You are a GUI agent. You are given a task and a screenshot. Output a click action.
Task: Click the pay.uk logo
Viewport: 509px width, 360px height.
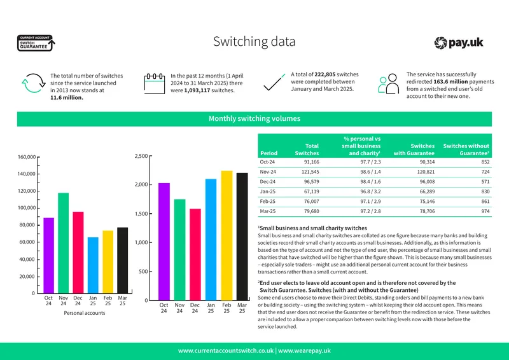[459, 43]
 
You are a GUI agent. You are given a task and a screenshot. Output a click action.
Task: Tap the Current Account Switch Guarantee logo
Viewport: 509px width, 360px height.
[36, 43]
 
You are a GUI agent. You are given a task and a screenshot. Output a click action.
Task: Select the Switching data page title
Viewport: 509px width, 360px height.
[254, 41]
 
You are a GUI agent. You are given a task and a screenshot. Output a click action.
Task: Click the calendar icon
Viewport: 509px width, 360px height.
[155, 83]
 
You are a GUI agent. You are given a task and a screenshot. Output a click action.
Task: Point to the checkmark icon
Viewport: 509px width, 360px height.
[274, 82]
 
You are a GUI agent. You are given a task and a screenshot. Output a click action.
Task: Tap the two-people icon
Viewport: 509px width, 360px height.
[388, 83]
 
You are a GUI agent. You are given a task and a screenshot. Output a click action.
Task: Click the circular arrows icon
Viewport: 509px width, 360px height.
[34, 83]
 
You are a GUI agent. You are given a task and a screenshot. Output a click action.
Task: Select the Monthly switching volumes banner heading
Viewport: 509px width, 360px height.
[254, 118]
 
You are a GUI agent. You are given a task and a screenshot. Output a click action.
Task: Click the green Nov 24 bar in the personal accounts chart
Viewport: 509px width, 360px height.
[63, 243]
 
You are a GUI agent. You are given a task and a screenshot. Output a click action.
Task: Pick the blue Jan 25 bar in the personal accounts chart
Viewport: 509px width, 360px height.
[93, 265]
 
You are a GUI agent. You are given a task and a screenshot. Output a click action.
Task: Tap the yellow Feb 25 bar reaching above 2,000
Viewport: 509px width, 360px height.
[227, 235]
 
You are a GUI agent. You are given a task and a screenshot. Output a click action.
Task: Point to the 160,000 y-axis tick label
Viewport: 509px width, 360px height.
[27, 157]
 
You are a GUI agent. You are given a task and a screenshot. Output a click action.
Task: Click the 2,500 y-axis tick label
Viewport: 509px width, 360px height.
[141, 156]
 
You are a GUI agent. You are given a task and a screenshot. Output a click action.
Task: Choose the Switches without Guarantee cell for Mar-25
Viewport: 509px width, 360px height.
[485, 211]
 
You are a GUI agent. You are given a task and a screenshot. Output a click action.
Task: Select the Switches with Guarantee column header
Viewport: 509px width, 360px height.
[414, 149]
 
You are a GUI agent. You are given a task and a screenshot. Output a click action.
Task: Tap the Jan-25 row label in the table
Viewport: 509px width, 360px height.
[267, 191]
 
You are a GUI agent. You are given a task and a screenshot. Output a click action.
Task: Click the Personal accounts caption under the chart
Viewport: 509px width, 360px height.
[85, 313]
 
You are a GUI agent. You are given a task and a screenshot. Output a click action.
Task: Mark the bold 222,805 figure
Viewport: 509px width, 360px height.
[325, 74]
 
